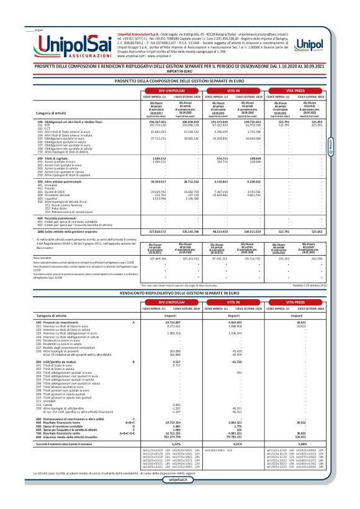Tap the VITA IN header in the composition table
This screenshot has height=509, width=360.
[232, 91]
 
